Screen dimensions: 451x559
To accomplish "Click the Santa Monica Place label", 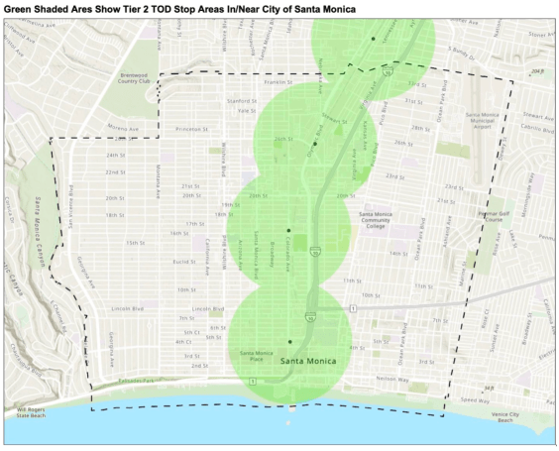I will coord(258,356).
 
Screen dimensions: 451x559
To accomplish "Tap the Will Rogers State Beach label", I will coord(31,411).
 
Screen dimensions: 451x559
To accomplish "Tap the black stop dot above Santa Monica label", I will coord(290,341).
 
